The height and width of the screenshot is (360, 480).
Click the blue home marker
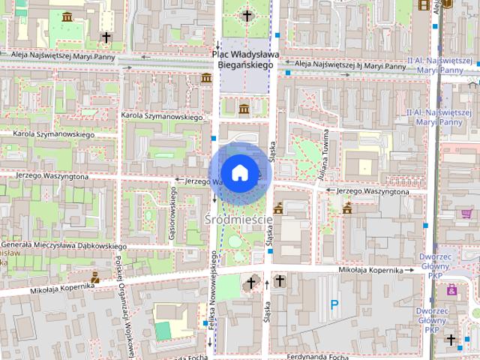[x=239, y=172]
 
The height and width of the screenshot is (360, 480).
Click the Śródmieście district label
[x=238, y=220]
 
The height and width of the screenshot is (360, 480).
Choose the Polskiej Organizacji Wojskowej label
[x=119, y=300]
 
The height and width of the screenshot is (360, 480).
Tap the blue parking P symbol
[x=335, y=304]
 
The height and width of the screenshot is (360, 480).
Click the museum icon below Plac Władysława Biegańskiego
[x=244, y=109]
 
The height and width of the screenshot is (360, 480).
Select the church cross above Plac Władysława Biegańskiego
[x=247, y=15]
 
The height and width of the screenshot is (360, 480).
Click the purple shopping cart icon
[x=448, y=3]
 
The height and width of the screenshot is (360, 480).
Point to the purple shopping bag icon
[x=451, y=289]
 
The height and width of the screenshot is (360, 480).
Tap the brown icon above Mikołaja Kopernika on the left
[x=95, y=276]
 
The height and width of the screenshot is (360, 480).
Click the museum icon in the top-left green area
[x=67, y=16]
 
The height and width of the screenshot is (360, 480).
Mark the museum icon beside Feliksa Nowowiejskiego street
[x=206, y=78]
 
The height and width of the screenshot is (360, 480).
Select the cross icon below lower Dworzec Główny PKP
[x=451, y=340]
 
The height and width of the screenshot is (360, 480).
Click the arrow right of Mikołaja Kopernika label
[x=409, y=270]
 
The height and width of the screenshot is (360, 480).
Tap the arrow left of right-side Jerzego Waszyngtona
[x=331, y=190]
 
